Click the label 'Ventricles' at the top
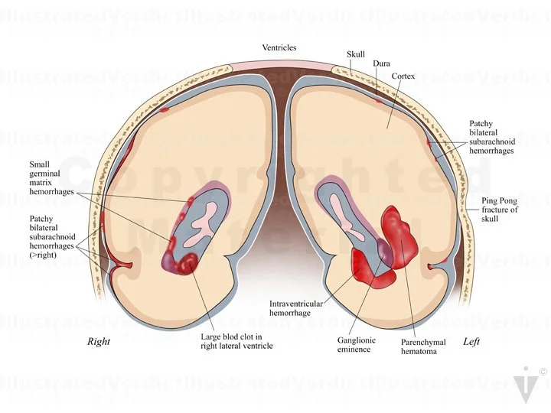279,48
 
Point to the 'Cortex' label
403,77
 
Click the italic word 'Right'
99,342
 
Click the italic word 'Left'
471,342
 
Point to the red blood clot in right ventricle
186,263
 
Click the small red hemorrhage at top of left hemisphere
377,99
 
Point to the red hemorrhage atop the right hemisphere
165,109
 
